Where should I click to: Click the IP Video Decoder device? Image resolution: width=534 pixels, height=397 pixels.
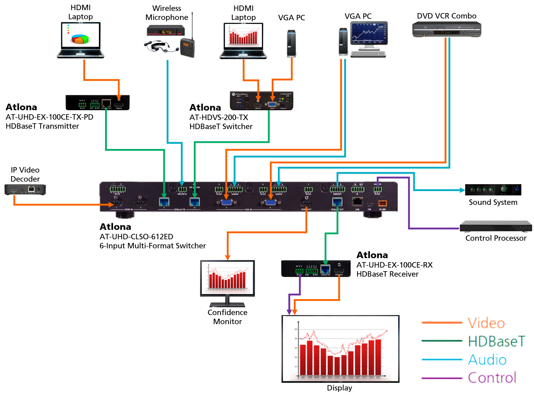[25, 189]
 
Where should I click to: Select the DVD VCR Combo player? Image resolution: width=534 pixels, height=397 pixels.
[446, 29]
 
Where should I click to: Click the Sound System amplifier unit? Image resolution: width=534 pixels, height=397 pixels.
[493, 189]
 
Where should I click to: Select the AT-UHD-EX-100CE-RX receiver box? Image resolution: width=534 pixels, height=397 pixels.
[316, 269]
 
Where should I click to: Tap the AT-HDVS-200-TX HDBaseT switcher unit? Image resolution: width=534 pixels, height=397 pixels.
[261, 101]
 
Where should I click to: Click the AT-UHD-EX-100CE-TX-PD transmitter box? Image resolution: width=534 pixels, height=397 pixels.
[97, 103]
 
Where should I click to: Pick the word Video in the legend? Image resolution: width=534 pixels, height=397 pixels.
[486, 323]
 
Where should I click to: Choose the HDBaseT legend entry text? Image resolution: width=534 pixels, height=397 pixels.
[496, 341]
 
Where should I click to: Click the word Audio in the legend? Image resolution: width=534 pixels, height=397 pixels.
[487, 360]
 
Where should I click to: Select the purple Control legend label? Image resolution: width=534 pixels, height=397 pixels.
[492, 378]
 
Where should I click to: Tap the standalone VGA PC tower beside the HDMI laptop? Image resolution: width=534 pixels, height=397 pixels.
[291, 44]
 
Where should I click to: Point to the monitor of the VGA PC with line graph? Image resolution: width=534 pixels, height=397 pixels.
[368, 33]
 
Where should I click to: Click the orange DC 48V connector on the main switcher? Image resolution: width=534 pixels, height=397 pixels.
[382, 203]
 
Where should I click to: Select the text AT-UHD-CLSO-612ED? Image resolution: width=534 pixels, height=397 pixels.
[136, 237]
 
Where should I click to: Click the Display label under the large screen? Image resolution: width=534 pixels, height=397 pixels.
[339, 388]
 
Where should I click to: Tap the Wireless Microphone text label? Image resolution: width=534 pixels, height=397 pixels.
[167, 13]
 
